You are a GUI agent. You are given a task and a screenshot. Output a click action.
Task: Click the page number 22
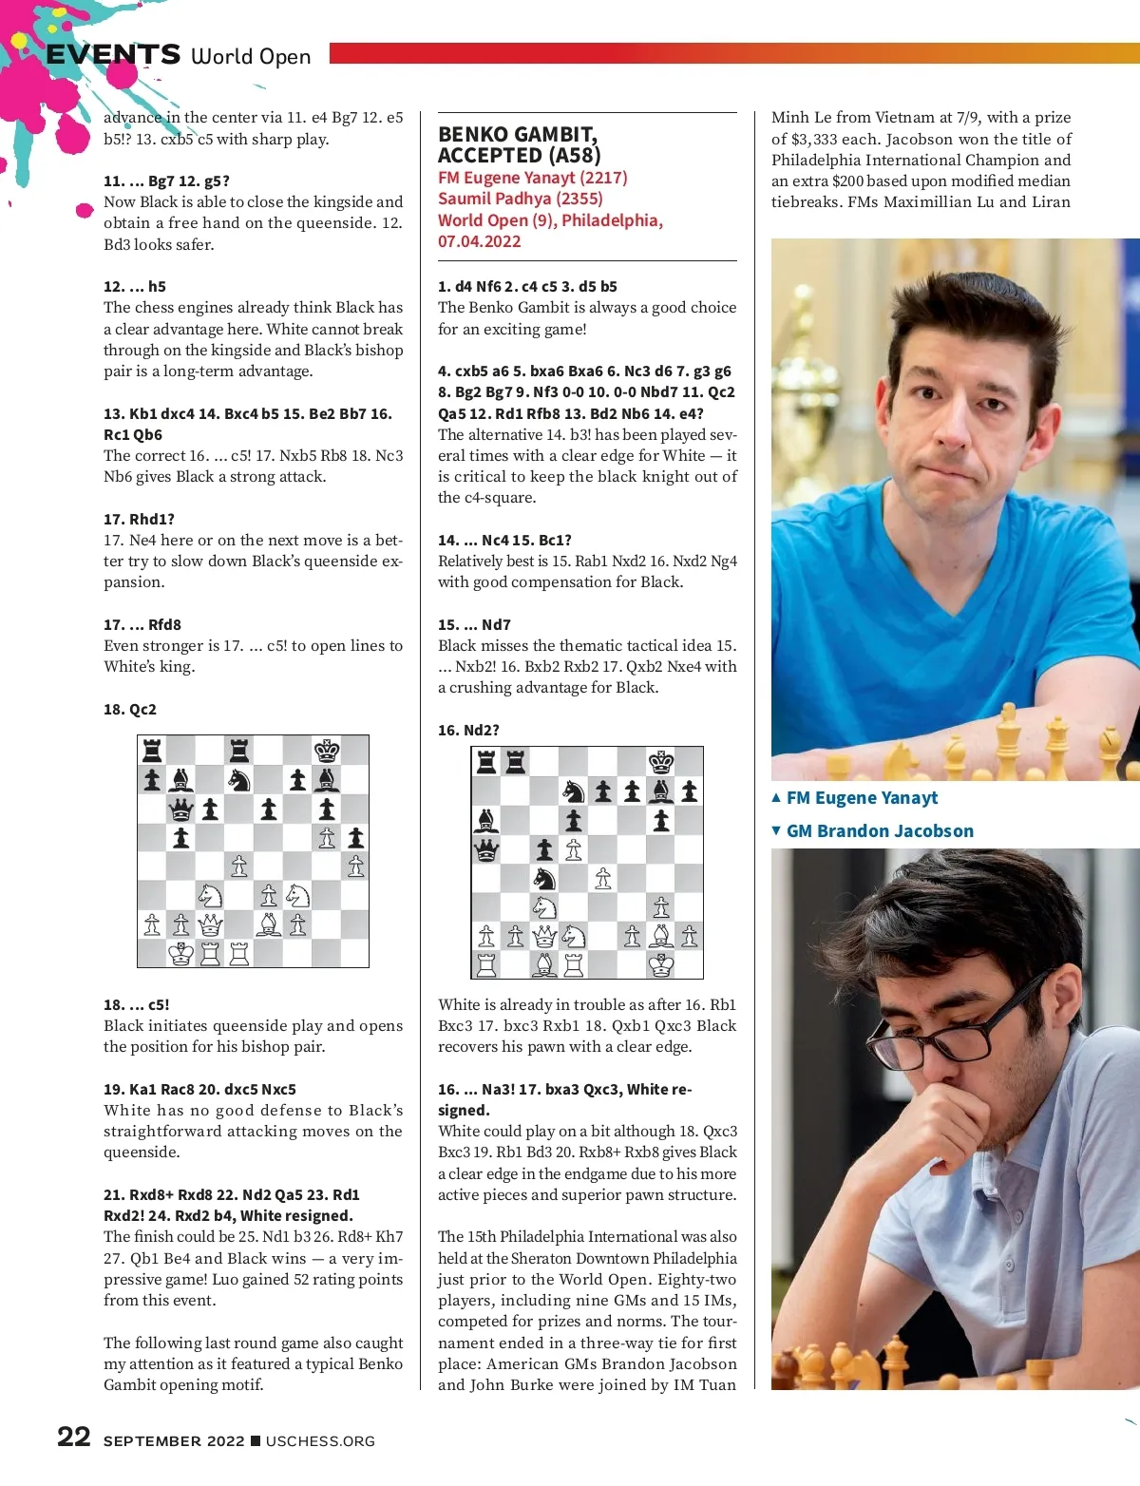coord(74,1437)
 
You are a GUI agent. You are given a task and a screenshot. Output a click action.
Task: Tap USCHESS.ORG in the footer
coord(320,1441)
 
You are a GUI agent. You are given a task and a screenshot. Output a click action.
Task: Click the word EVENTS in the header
coord(113,55)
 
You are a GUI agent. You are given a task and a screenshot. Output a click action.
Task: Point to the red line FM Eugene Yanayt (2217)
coord(532,178)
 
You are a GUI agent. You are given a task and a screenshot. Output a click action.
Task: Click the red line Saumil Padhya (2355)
coord(520,199)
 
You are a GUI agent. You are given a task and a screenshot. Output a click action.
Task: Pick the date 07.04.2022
coord(479,241)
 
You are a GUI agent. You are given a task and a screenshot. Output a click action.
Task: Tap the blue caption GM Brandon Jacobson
coord(879,831)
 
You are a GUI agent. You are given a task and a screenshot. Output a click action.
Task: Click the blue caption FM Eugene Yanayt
coord(861,798)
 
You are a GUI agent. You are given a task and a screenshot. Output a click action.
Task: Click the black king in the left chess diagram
coord(327,751)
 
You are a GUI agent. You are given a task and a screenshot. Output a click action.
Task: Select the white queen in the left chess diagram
coord(210,924)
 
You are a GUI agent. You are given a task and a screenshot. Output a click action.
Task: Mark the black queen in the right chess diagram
coord(486,848)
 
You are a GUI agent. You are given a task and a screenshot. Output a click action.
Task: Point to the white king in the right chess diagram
coord(661,965)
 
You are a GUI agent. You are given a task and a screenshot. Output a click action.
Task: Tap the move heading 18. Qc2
coord(130,710)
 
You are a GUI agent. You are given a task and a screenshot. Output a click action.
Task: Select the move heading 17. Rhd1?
coord(139,520)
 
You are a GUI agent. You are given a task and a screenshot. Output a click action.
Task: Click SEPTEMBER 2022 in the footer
coord(174,1441)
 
